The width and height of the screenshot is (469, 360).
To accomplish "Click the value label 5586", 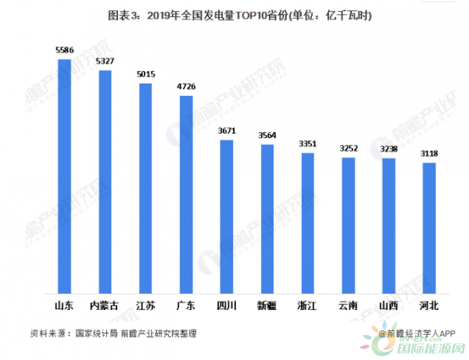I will pyautogui.click(x=64, y=50).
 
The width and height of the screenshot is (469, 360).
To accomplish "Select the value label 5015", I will pyautogui.click(x=145, y=74).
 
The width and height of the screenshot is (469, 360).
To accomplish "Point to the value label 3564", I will pyautogui.click(x=267, y=135).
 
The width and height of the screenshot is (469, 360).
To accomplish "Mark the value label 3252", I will pyautogui.click(x=349, y=148).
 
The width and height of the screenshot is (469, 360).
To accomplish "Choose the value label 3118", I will pyautogui.click(x=429, y=154).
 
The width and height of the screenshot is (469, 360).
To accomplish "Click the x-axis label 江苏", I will pyautogui.click(x=145, y=305).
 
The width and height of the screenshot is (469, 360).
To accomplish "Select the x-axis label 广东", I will pyautogui.click(x=186, y=305).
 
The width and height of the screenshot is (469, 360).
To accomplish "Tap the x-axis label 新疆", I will pyautogui.click(x=267, y=305).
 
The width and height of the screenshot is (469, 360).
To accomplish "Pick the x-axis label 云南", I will pyautogui.click(x=349, y=305).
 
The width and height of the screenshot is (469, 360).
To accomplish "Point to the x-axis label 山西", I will pyautogui.click(x=388, y=305).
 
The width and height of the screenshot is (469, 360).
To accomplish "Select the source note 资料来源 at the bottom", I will pyautogui.click(x=113, y=333).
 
